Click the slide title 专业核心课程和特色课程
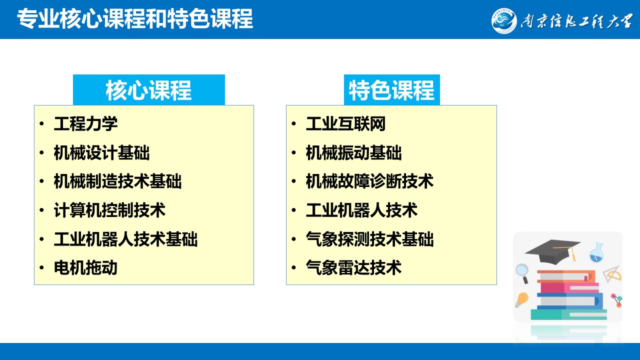pos(135,19)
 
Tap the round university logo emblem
pos(504,21)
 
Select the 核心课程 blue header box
pos(149,90)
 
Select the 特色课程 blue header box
pos(391,90)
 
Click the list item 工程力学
pos(85,123)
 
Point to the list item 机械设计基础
pos(101,152)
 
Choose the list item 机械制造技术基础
pos(117,181)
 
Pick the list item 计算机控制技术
pos(109,210)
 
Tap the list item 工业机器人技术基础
pos(125,239)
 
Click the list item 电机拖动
pos(85,267)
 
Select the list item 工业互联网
pos(345,123)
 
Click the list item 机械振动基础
pos(353,152)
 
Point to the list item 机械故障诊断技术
pos(369,181)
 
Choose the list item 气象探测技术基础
pos(369,239)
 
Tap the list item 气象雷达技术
pos(353,267)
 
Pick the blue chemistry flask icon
pos(597,253)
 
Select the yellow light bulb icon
pos(521,300)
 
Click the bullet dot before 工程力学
pos(41,123)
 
